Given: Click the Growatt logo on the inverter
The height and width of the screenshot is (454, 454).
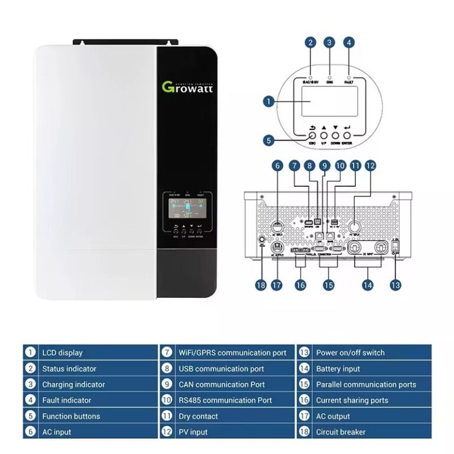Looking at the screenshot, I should point(188,87).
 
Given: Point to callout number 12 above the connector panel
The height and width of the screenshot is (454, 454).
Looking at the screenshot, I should point(370,167).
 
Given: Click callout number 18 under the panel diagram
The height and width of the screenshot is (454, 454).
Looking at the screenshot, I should point(261,285).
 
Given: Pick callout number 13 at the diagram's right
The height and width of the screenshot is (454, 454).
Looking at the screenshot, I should point(395,285).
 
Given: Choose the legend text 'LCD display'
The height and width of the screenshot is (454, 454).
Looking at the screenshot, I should point(62,353).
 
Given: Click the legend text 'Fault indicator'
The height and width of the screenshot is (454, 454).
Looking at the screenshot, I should point(66,400).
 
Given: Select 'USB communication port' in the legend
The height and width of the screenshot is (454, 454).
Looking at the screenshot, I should point(221,369).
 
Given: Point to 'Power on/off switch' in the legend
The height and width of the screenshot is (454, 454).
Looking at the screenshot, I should point(350,353).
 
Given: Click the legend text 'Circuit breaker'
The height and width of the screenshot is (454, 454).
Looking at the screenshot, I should point(340,432).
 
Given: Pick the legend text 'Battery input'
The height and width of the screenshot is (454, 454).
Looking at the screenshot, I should point(338,369).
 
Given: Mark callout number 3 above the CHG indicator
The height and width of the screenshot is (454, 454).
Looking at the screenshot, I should point(330,43).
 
